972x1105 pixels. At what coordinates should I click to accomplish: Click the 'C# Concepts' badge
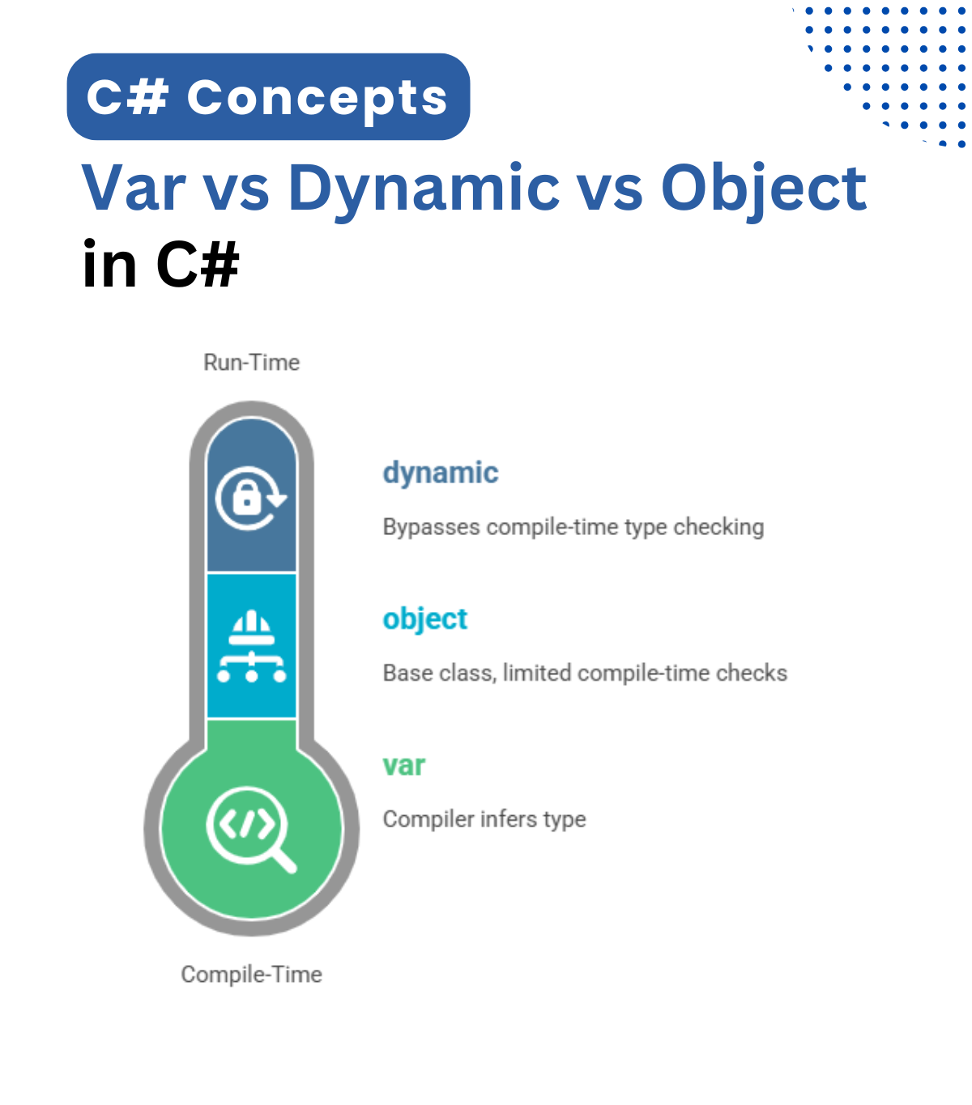click(268, 97)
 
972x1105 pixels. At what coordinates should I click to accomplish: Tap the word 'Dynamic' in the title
click(424, 189)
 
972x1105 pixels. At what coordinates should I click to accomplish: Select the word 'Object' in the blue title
click(764, 189)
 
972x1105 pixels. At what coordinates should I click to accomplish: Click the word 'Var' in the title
click(134, 189)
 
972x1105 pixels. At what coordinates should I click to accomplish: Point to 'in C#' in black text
click(161, 264)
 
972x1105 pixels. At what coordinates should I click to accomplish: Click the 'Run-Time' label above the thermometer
click(251, 362)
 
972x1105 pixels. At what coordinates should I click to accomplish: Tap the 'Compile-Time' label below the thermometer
click(251, 974)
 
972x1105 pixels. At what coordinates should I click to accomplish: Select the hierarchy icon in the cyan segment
click(251, 646)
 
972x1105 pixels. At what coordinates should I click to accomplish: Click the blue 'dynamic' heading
click(441, 473)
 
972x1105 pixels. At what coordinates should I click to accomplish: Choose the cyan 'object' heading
click(425, 619)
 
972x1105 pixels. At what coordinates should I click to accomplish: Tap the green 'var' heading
click(404, 766)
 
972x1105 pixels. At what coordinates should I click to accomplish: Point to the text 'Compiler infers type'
click(484, 819)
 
